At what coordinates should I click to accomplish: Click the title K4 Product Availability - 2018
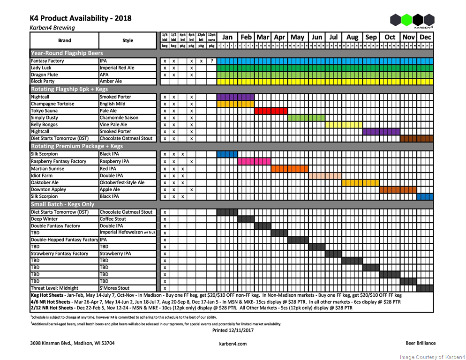(x=81, y=18)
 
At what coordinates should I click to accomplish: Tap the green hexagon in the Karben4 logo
(x=406, y=20)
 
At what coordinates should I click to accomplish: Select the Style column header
(x=128, y=40)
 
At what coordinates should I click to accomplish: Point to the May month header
(x=297, y=37)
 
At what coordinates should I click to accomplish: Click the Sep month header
(x=371, y=37)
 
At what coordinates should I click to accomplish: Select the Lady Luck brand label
(x=41, y=68)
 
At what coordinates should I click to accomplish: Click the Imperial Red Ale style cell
(x=117, y=68)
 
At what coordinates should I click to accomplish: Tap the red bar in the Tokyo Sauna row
(x=271, y=111)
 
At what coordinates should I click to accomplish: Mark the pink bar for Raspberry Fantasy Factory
(x=254, y=161)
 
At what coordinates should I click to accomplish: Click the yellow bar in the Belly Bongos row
(x=340, y=125)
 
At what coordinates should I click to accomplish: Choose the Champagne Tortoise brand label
(x=52, y=104)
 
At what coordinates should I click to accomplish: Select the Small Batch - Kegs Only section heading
(x=62, y=204)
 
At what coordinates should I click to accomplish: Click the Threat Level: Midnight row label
(x=54, y=288)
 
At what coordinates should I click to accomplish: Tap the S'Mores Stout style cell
(x=115, y=288)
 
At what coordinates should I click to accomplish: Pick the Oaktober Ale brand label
(x=45, y=183)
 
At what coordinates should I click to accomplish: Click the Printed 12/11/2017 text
(x=233, y=330)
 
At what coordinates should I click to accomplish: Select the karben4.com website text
(x=233, y=344)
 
